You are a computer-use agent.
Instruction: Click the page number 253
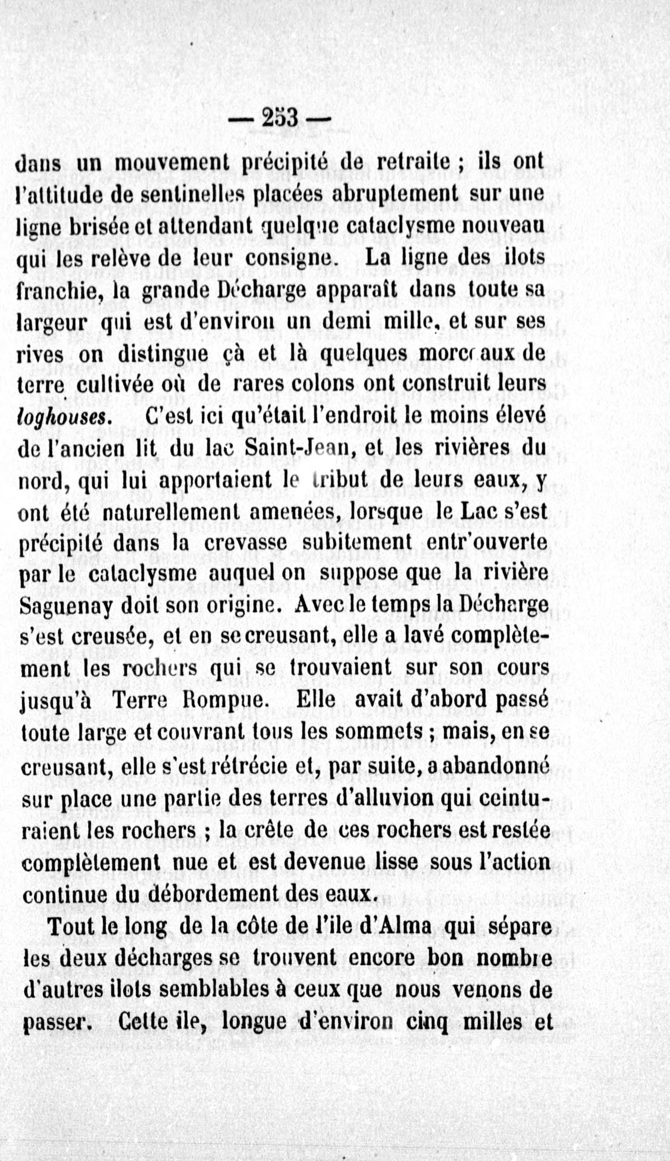click(280, 119)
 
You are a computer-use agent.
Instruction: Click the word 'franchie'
click(58, 291)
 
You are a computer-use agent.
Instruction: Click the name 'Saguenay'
click(66, 607)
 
